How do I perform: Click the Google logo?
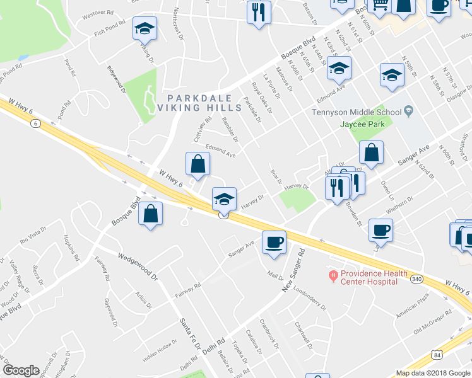click(21, 370)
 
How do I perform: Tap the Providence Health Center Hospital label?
click(369, 277)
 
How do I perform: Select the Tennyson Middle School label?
click(357, 113)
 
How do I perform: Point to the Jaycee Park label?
click(368, 124)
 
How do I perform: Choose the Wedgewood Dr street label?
click(136, 264)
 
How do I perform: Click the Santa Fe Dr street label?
click(189, 333)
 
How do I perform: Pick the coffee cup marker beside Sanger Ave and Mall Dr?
click(274, 242)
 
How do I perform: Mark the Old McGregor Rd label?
click(434, 321)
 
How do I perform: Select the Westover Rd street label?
click(97, 12)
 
